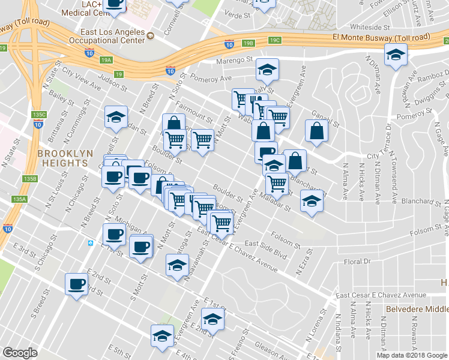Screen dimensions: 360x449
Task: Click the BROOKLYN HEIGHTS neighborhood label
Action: point(65,158)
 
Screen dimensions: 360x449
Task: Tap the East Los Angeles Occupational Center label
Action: point(113,35)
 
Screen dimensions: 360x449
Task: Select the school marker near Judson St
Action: point(116,117)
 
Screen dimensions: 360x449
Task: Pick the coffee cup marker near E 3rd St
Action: point(76,284)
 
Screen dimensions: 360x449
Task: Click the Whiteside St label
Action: point(370,27)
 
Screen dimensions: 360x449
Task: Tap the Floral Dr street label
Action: point(359,262)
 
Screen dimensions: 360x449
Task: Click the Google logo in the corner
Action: point(20,353)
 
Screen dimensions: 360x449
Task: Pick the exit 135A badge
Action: point(19,199)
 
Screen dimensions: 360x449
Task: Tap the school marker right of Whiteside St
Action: point(395,56)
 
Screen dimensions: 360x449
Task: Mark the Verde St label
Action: point(235,13)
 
